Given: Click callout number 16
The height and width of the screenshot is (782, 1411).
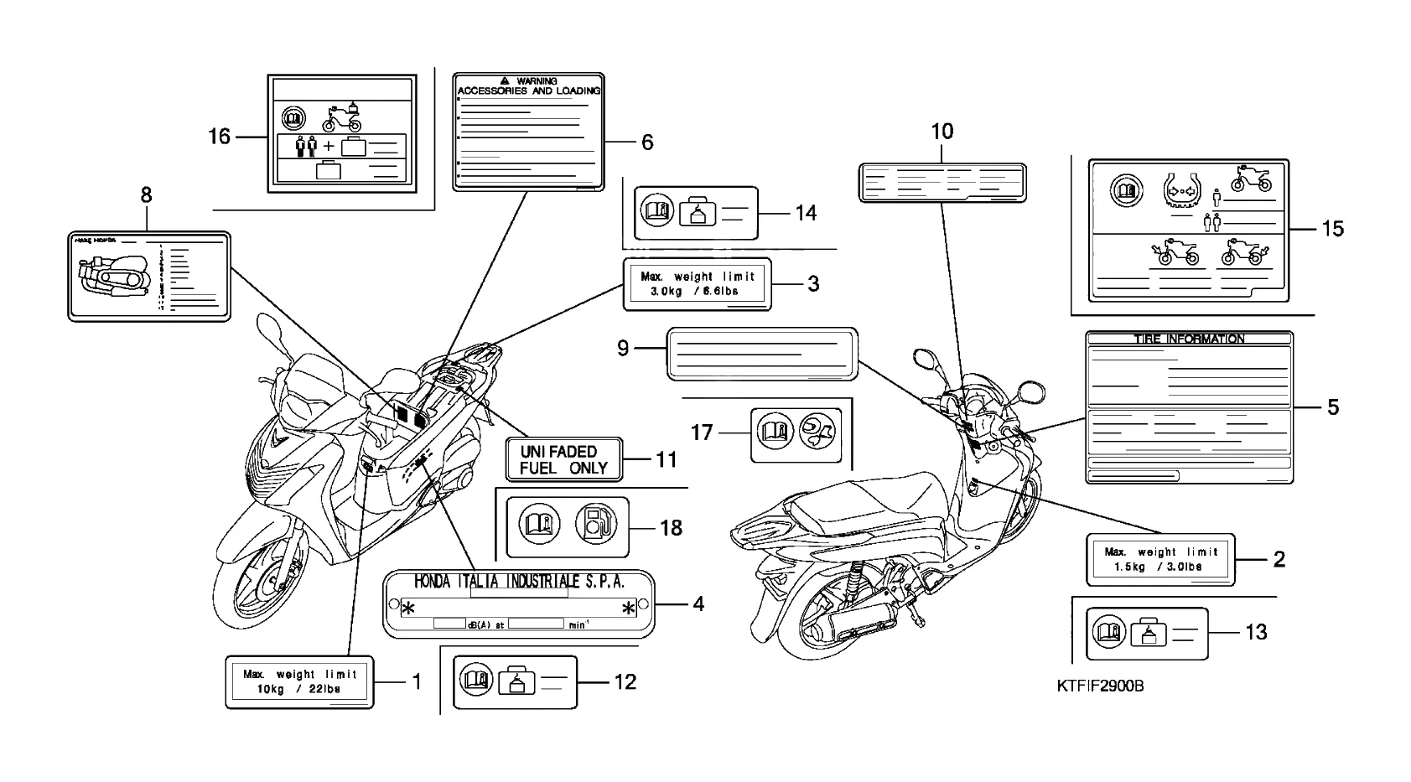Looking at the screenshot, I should pyautogui.click(x=219, y=136).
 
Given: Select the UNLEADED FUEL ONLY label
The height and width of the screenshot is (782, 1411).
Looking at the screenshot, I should pyautogui.click(x=563, y=459).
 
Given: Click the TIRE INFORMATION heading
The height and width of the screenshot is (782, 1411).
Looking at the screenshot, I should pyautogui.click(x=1189, y=339).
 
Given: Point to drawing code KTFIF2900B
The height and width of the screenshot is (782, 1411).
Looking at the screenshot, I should pyautogui.click(x=1101, y=686).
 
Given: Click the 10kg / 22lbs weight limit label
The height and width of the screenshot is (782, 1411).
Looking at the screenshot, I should pyautogui.click(x=299, y=681).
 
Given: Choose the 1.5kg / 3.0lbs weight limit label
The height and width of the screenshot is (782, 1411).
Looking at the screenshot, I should pyautogui.click(x=1160, y=559).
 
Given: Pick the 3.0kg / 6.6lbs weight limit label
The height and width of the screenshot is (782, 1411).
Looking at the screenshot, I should pyautogui.click(x=696, y=283).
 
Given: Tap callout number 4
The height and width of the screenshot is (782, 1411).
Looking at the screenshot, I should pyautogui.click(x=698, y=603).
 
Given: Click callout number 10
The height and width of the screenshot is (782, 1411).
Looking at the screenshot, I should pyautogui.click(x=942, y=132).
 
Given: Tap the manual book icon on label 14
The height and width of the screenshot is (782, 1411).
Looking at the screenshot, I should pyautogui.click(x=655, y=211).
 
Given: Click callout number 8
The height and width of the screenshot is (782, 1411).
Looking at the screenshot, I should pyautogui.click(x=146, y=195).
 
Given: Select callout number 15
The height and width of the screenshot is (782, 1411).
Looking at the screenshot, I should pyautogui.click(x=1331, y=228).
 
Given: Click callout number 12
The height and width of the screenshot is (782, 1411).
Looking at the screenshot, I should pyautogui.click(x=625, y=681).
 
